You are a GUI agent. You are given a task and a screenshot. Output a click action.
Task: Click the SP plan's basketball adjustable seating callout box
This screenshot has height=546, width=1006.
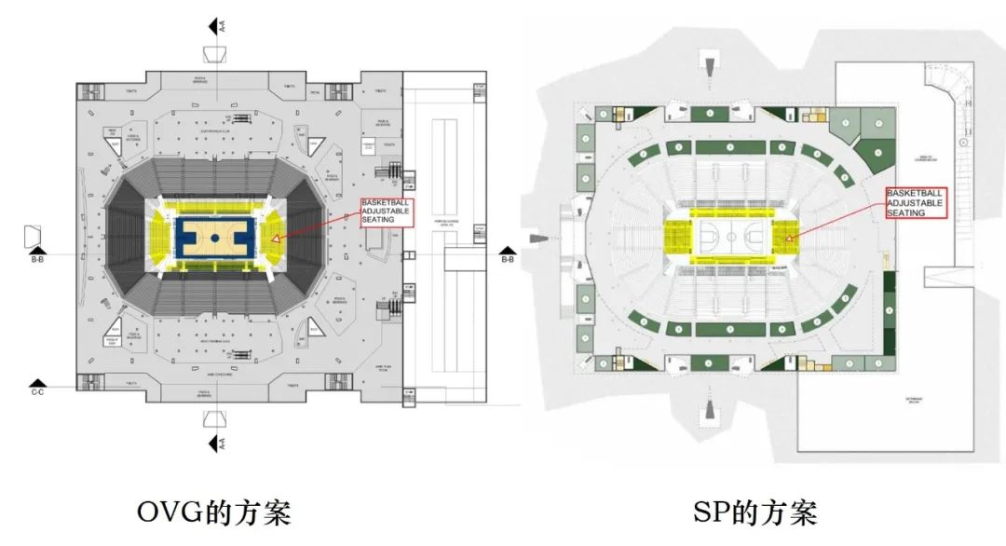916,202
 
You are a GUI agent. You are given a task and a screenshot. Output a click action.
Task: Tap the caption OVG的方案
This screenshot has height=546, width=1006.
213,512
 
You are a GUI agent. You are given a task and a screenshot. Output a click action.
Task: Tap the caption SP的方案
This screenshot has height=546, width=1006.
754,512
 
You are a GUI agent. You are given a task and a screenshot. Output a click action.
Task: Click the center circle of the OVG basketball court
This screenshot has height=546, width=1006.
214,239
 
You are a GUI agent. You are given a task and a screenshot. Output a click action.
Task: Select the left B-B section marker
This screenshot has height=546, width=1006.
37,250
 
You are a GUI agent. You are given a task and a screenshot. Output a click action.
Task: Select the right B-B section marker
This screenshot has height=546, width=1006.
507,250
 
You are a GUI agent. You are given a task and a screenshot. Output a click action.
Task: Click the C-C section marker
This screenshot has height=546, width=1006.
37,383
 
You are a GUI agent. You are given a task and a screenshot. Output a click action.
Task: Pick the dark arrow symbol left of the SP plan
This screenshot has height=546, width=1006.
538,239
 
